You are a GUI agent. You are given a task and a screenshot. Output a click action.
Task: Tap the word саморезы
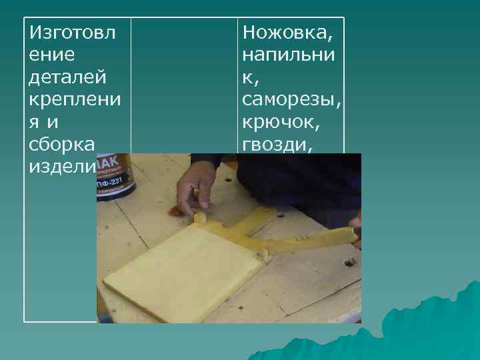[x=292, y=101]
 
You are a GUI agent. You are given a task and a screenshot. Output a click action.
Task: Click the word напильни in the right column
[x=288, y=55]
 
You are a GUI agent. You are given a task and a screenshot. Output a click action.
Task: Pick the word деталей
[x=67, y=77]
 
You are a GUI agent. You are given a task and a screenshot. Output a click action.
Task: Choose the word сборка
[x=62, y=145]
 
